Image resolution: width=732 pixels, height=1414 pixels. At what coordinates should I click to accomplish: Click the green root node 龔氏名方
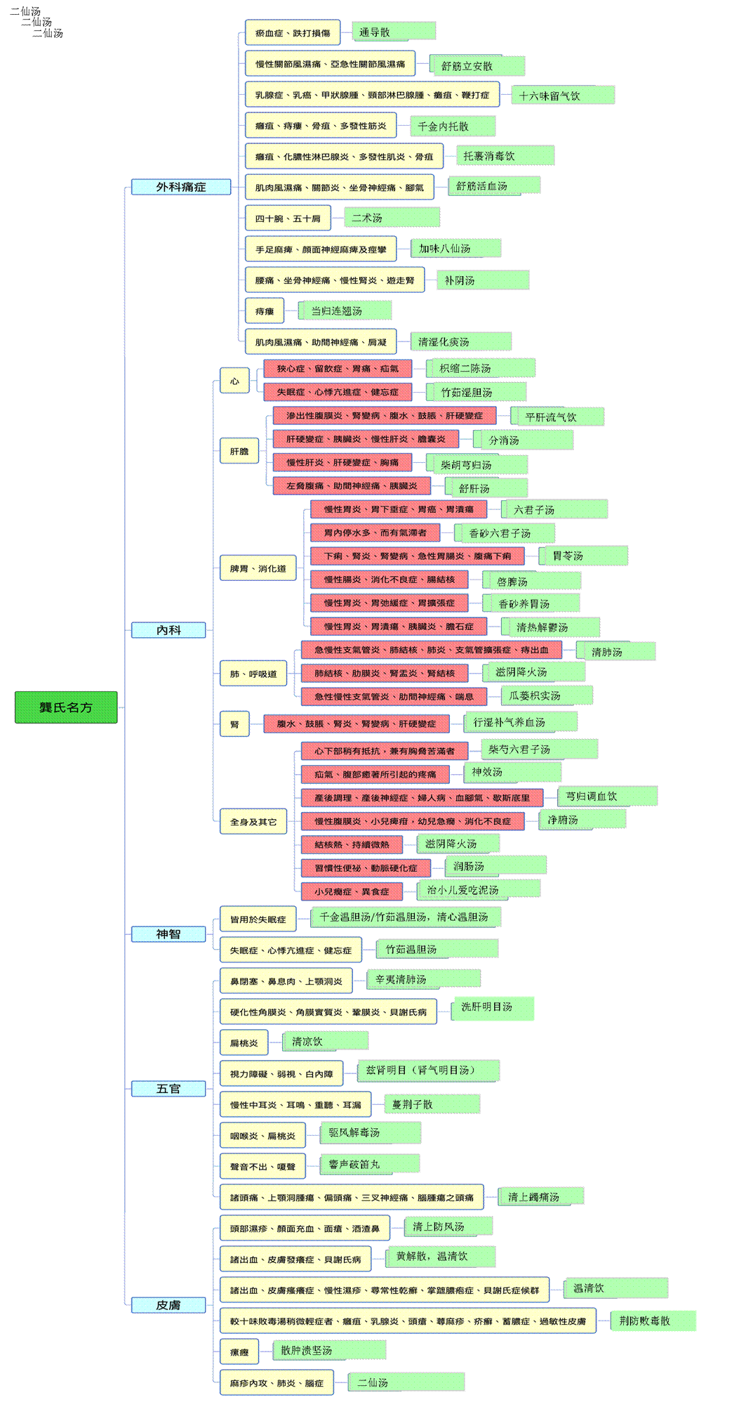pyautogui.click(x=66, y=707)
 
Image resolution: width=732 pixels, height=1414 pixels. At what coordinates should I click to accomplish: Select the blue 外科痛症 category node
pyautogui.click(x=181, y=187)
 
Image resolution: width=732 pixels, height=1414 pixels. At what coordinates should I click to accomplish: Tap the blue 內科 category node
pyautogui.click(x=168, y=630)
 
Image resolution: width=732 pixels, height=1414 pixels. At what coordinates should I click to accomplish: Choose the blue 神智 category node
pyautogui.click(x=168, y=934)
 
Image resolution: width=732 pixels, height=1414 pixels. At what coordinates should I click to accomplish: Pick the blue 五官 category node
pyautogui.click(x=168, y=1089)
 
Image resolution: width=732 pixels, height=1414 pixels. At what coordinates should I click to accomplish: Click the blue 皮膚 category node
pyautogui.click(x=168, y=1305)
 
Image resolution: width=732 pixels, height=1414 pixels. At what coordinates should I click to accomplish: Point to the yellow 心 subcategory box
pyautogui.click(x=234, y=381)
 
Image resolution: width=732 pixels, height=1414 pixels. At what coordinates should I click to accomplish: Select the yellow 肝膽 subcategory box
pyautogui.click(x=239, y=451)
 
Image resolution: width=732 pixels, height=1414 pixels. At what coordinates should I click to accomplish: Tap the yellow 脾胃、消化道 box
pyautogui.click(x=258, y=568)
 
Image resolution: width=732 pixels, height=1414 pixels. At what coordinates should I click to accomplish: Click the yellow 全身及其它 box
pyautogui.click(x=253, y=821)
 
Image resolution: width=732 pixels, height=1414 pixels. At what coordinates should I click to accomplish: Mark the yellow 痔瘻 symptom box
pyautogui.click(x=265, y=311)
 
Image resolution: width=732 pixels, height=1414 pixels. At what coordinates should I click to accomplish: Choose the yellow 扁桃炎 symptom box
pyautogui.click(x=244, y=1043)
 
